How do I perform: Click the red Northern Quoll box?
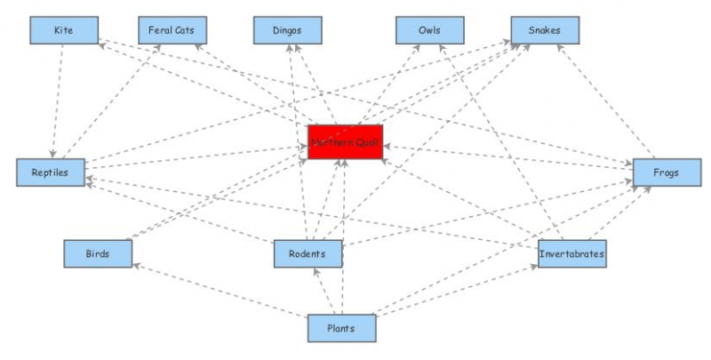345,142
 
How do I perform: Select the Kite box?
63,30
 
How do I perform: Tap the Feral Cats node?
172,30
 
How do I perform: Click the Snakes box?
544,30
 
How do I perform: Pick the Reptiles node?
51,172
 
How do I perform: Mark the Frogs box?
666,172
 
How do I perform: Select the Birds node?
98,254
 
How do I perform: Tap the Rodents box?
308,254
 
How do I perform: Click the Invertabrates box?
572,254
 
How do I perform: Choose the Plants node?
341,328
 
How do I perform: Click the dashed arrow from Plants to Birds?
222,290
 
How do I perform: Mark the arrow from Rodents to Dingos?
300,142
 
